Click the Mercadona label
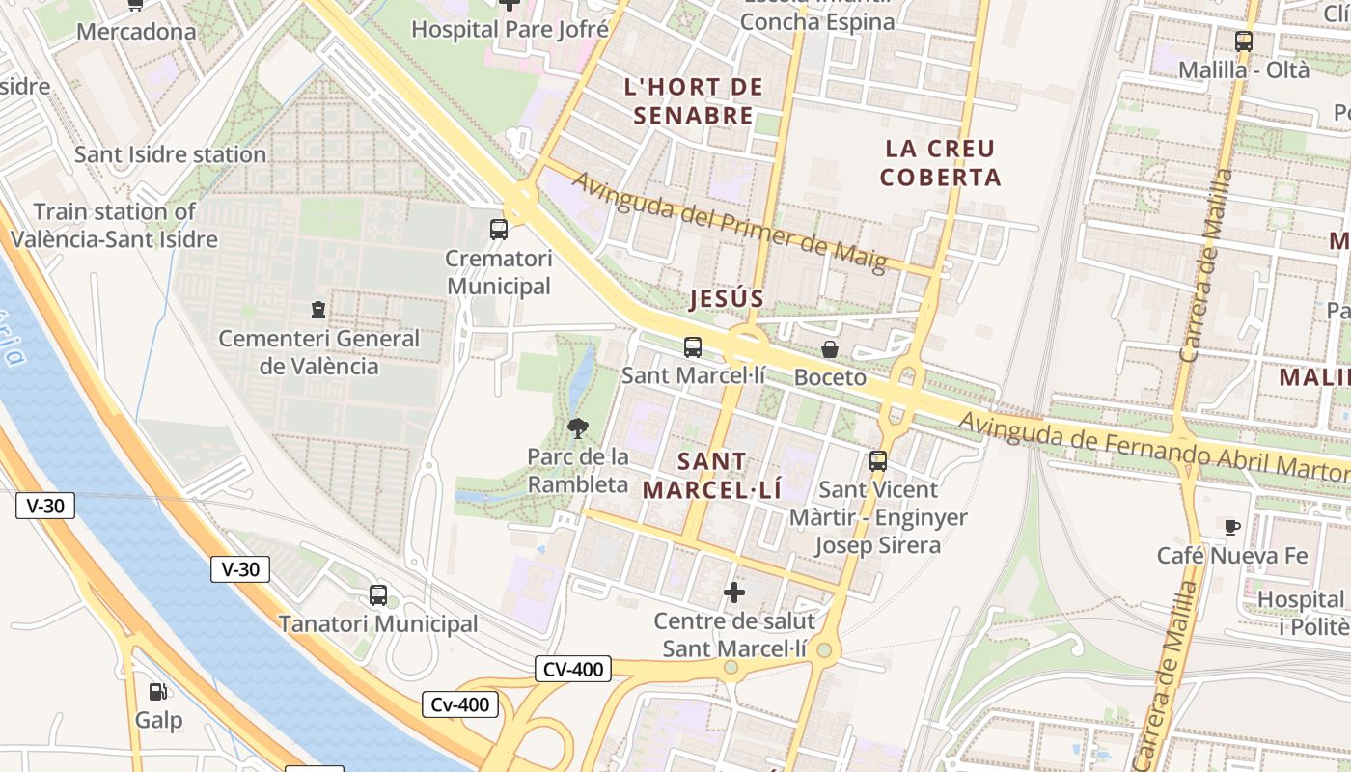pos(136,32)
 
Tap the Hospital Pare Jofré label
pos(510,29)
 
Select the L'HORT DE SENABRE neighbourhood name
pos(694,101)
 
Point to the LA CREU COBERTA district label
pos(940,163)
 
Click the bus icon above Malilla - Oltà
pos(1244,41)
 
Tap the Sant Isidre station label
pos(170,154)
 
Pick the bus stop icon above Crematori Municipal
pos(499,230)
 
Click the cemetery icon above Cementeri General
pos(318,310)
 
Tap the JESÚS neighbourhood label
pos(727,299)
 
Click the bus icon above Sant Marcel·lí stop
pos(693,347)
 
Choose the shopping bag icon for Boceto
pos(830,349)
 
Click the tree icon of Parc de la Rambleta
pos(578,427)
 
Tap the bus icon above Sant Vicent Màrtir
pos(878,461)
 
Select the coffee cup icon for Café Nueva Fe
pos(1232,527)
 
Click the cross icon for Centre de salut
pos(734,592)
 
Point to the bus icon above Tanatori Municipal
pos(378,595)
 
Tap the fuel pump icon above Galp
pos(157,691)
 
